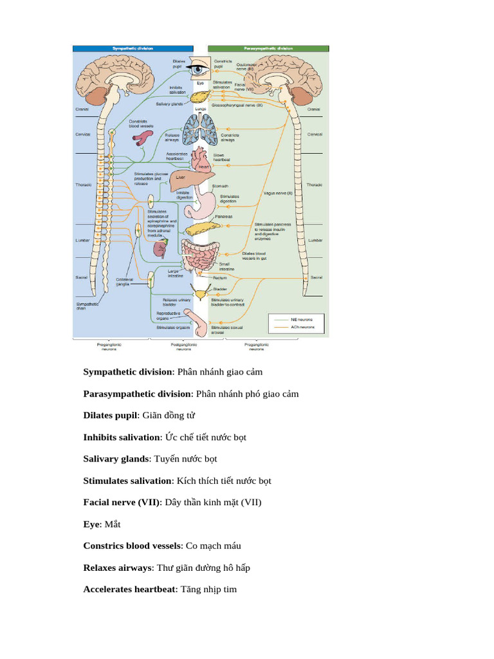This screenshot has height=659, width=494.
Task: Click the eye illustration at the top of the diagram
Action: tap(200, 69)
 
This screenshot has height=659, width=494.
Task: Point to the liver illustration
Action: tap(187, 181)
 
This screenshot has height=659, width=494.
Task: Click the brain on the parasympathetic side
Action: tap(286, 71)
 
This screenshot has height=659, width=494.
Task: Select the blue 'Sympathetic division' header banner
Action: tap(133, 48)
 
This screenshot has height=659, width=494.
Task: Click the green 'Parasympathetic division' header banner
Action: tap(268, 48)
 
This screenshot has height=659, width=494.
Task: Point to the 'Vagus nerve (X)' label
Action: tap(278, 192)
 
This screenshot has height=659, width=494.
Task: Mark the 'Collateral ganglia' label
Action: tap(124, 281)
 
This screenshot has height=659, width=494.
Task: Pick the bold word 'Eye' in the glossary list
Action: tap(91, 524)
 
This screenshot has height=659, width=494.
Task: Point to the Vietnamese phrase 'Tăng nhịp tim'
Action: tap(208, 589)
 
